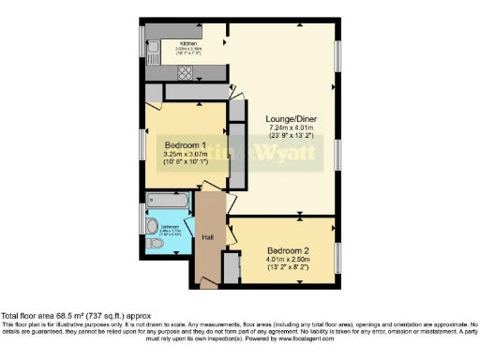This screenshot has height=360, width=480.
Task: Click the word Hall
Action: point(209,238)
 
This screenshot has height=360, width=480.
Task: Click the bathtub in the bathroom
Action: point(168,202)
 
